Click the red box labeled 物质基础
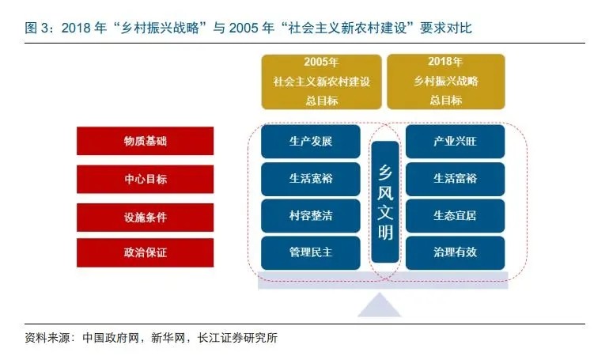coord(145,141)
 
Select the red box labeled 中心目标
coord(145,179)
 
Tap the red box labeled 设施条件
coord(145,217)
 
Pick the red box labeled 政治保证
coord(145,252)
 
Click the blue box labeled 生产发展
coord(310,141)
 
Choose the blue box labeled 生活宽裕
coord(310,179)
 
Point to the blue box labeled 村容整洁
coord(310,215)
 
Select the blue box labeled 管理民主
coord(310,252)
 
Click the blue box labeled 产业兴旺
coord(456,141)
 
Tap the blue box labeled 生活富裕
coord(456,179)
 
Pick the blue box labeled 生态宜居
coord(456,215)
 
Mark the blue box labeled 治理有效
coord(456,252)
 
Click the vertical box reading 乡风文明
coord(385,202)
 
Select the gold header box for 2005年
coord(321,81)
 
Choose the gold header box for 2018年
coord(446,81)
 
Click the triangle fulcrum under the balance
coord(379,307)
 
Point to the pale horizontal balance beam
coord(383,280)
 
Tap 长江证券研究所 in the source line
coord(237,338)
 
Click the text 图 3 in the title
coord(36,28)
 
